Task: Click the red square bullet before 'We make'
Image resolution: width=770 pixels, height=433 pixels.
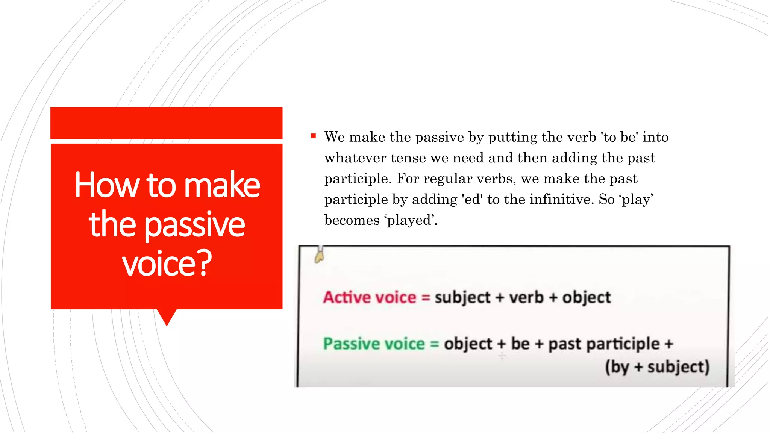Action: coord(313,136)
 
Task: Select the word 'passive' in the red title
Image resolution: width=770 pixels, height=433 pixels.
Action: coord(195,225)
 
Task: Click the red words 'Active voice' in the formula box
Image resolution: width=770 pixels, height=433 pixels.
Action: coord(370,297)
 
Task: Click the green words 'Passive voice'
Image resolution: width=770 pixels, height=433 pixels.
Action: coord(374,344)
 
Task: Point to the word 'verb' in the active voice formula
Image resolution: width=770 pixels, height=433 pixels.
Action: coord(526,297)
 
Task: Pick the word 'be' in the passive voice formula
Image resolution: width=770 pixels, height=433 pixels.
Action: coord(520,344)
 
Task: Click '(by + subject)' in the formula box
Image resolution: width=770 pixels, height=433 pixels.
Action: coord(657,367)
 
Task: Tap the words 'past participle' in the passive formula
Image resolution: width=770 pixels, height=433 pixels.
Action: coord(603,344)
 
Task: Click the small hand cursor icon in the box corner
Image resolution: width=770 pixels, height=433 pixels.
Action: coord(319,256)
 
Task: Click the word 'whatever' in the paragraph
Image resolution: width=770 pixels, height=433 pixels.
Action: coord(355,158)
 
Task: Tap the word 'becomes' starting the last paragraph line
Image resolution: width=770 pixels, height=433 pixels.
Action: coord(352,220)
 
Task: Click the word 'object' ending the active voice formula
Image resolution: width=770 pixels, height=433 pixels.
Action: coord(586,297)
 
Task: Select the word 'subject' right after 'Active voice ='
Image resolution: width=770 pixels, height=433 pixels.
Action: coord(462,297)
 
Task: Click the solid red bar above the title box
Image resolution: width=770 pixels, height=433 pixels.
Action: coord(167,123)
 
